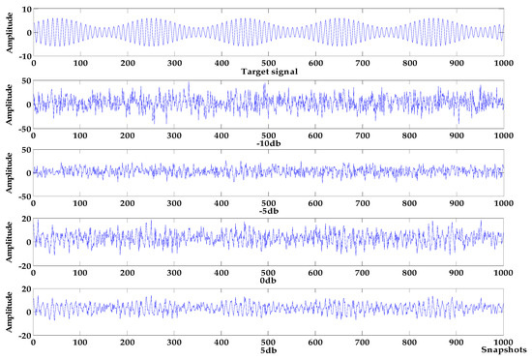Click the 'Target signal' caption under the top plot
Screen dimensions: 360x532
267,72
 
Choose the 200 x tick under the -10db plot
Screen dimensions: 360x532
127,135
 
